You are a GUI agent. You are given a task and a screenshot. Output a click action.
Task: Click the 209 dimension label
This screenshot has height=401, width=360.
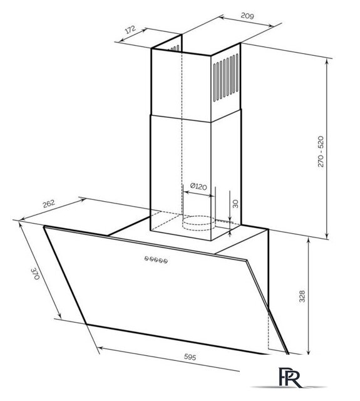247,16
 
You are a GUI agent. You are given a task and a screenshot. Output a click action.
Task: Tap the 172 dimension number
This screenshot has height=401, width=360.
131,29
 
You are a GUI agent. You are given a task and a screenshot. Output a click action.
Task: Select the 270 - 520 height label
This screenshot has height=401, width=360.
321,152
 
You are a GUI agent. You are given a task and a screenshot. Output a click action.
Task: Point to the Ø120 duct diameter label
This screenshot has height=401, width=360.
198,187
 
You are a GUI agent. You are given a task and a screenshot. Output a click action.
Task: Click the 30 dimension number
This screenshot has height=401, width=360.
235,204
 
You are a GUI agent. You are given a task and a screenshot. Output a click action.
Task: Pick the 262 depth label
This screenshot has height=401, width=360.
49,204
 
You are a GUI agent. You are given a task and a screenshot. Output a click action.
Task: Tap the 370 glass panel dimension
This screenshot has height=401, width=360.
35,274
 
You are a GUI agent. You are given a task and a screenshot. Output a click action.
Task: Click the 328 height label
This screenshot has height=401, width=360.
302,296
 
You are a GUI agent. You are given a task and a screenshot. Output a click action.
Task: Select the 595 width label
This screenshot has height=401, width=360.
190,357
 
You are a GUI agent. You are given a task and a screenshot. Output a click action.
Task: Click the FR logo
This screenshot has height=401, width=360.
290,378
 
